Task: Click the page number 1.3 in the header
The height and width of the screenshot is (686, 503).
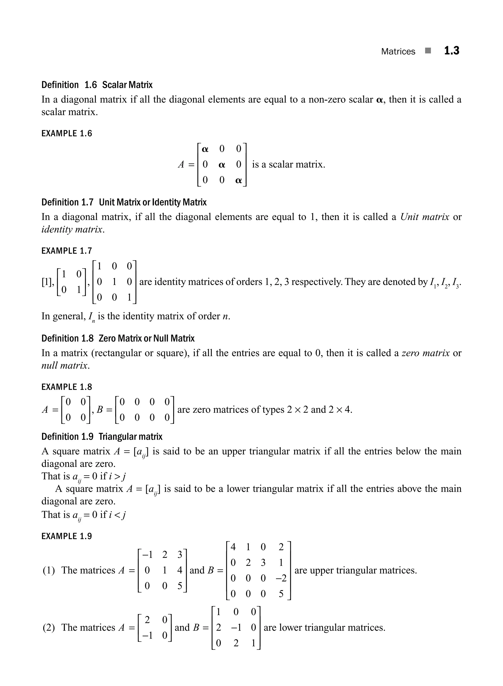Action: (x=451, y=51)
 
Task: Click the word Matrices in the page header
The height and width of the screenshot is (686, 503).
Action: (x=398, y=52)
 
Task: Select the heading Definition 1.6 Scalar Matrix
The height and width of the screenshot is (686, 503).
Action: (x=97, y=85)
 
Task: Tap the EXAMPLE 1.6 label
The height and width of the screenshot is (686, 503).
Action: (x=66, y=133)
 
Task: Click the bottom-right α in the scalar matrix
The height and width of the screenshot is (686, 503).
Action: (x=238, y=180)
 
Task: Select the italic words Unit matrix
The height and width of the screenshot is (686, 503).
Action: (x=424, y=217)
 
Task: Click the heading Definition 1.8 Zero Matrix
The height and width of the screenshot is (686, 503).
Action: (x=118, y=338)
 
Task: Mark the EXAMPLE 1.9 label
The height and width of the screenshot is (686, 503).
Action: (x=66, y=536)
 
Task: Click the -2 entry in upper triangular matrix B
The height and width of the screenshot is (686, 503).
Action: (x=281, y=578)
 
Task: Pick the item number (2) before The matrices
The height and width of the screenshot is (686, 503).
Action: (x=48, y=627)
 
